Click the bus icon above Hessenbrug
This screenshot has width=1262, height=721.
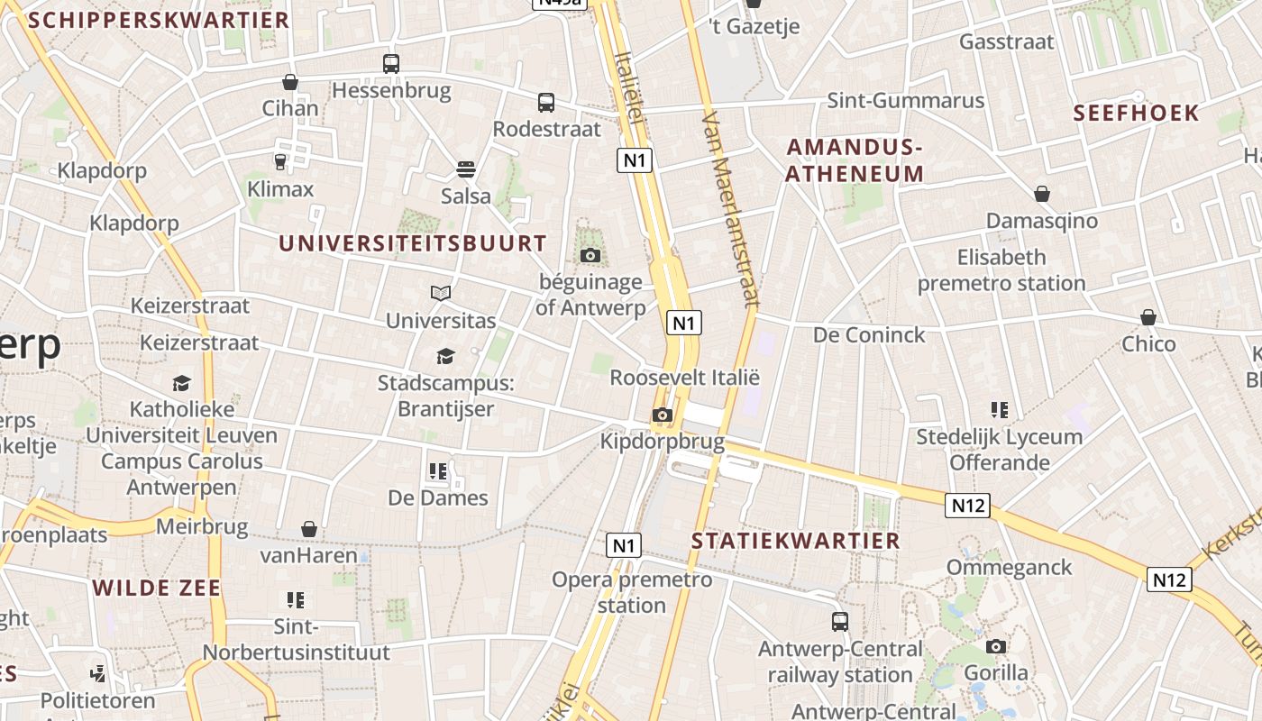[x=390, y=64]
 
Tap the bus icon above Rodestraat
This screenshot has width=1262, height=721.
[x=546, y=103]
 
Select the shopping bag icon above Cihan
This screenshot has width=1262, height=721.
[x=290, y=82]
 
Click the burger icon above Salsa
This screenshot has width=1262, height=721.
[x=466, y=169]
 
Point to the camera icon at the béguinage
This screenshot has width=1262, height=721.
[x=590, y=256]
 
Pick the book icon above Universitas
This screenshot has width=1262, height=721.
[x=441, y=294]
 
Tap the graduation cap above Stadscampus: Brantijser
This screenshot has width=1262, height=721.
[x=445, y=357]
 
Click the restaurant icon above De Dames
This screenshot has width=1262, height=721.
[x=438, y=470]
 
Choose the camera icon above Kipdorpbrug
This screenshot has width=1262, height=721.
[x=663, y=415]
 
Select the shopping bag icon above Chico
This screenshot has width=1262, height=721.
[x=1148, y=317]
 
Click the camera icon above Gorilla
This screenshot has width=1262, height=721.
[x=996, y=646]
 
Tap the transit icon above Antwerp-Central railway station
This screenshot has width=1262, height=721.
[x=840, y=622]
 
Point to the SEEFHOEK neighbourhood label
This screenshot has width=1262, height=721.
[x=1137, y=114]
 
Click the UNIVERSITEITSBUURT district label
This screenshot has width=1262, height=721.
[x=413, y=243]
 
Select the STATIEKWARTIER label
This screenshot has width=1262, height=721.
[x=796, y=541]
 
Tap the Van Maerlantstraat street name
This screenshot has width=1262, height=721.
[x=731, y=209]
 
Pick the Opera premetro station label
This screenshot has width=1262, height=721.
[x=632, y=592]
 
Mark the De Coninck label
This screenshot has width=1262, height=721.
[x=869, y=335]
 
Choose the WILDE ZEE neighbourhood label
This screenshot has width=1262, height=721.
[x=157, y=589]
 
